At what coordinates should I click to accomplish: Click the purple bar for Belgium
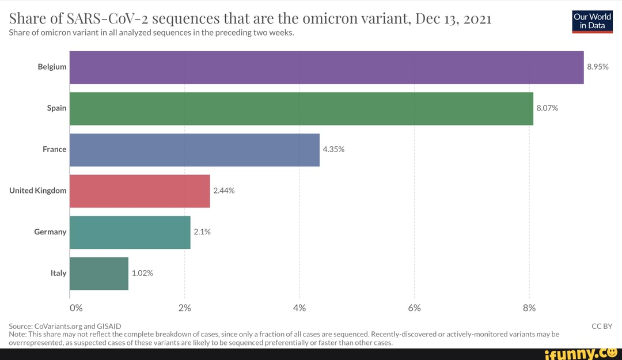[x=327, y=67]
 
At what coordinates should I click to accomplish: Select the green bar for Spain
[x=301, y=108]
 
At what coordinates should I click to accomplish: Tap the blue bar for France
[x=194, y=150]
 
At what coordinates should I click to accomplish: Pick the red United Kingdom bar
[x=139, y=191]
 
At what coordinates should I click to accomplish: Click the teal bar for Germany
[x=130, y=232]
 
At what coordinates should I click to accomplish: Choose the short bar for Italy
[x=98, y=274]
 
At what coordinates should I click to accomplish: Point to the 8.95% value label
[x=598, y=67]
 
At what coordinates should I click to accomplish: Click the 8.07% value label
[x=547, y=108]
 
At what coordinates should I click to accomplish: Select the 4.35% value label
[x=333, y=150]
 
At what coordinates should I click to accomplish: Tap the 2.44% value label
[x=224, y=191]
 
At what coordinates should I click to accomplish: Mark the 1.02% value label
[x=142, y=274]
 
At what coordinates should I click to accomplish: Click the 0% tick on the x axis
[x=76, y=308]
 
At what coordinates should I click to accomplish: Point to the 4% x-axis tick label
[x=299, y=308]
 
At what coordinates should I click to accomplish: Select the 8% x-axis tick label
[x=529, y=308]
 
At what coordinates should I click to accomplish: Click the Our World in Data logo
[x=592, y=22]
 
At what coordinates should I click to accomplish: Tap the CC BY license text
[x=602, y=326]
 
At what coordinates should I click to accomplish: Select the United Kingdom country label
[x=38, y=191]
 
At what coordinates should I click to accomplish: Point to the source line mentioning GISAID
[x=65, y=326]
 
